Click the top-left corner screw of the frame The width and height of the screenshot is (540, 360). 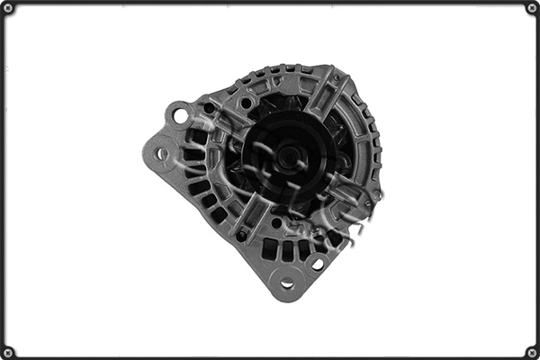point(8,8)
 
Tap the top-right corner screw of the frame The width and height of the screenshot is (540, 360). point(532,8)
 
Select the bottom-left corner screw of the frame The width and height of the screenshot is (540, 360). point(8,352)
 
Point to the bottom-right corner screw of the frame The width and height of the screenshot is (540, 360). point(532,352)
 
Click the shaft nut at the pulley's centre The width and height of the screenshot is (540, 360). point(287,157)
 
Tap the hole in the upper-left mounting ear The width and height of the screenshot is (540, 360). point(180,115)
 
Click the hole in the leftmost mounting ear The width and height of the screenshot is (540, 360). point(162,154)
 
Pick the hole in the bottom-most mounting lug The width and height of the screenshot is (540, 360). point(287,284)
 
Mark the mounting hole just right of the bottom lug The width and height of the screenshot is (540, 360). point(317,265)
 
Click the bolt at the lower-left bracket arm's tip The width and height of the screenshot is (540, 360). point(241,236)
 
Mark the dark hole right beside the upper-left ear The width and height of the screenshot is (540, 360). point(208,108)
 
